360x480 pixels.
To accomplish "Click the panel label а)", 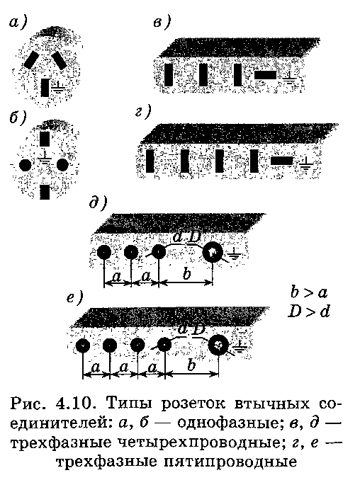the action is (x=18, y=23).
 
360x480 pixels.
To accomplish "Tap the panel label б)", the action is (x=18, y=118).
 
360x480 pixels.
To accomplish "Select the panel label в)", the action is (x=162, y=23).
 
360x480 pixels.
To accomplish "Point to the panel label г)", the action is (x=143, y=112).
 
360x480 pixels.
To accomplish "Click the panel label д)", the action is (x=98, y=202).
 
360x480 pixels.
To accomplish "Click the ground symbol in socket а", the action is (x=57, y=88).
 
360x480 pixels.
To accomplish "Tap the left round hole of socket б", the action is (x=26, y=166).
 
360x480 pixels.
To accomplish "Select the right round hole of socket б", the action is (x=62, y=165).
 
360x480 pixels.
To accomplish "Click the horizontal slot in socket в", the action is (x=266, y=75).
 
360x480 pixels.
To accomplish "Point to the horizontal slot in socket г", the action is (x=281, y=161).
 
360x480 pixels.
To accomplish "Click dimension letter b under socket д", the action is (x=186, y=273).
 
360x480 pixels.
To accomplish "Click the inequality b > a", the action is (x=309, y=292).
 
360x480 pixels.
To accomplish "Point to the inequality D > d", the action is (x=308, y=312).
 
